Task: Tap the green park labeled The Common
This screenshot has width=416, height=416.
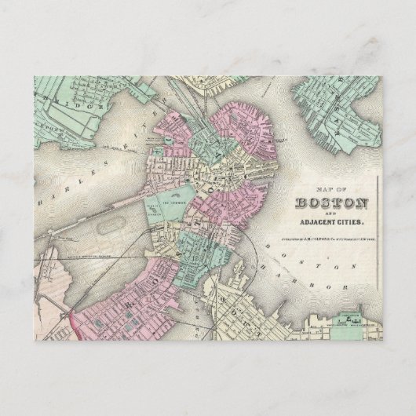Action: point(174,202)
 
